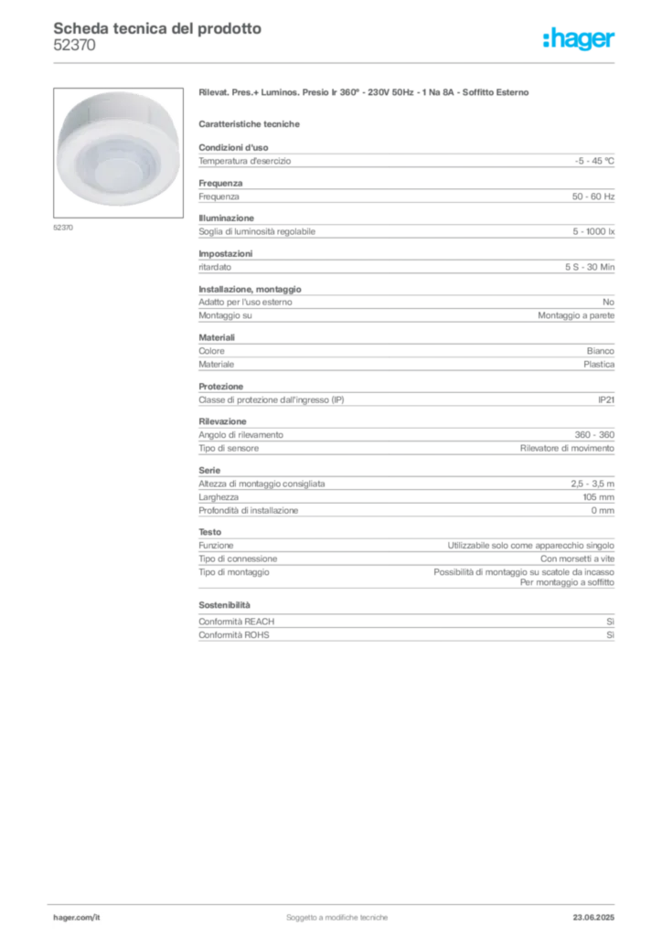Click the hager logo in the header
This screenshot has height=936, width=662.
tap(579, 38)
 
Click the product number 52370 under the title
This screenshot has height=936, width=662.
tap(74, 46)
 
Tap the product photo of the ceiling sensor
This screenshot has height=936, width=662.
tap(118, 153)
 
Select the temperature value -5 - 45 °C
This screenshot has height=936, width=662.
tap(594, 161)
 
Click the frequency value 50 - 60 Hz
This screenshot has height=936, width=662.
tap(593, 197)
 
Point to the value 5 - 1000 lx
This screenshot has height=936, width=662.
tap(593, 231)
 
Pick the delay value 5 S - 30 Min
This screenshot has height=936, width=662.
tap(590, 267)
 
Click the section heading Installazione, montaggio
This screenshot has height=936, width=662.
tap(251, 289)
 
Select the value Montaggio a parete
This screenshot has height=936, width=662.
tap(576, 315)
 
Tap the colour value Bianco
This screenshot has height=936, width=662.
tap(601, 351)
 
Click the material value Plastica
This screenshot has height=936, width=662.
tap(599, 364)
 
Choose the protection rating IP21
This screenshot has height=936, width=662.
tap(606, 400)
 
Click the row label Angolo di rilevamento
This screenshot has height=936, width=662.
tap(241, 435)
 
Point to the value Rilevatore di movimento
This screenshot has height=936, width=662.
tap(567, 448)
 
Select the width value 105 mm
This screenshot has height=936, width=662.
tap(599, 497)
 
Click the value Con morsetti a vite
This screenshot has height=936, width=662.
tap(577, 558)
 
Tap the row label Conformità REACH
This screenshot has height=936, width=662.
tap(237, 622)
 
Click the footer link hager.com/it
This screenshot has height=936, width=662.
tap(77, 918)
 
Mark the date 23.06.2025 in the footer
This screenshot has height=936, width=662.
tap(593, 918)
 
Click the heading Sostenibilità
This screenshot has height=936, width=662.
tap(224, 605)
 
